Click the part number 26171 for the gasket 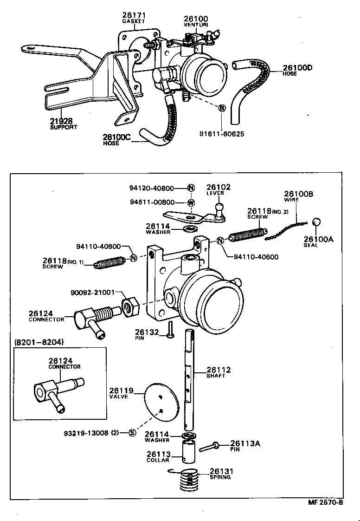(134, 15)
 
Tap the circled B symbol (222, 108)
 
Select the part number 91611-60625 (222, 134)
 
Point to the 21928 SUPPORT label (64, 124)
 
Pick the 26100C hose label (117, 140)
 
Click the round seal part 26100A (317, 222)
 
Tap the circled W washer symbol (191, 202)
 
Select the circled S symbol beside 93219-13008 (132, 433)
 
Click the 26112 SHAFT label (219, 372)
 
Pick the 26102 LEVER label (219, 189)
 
